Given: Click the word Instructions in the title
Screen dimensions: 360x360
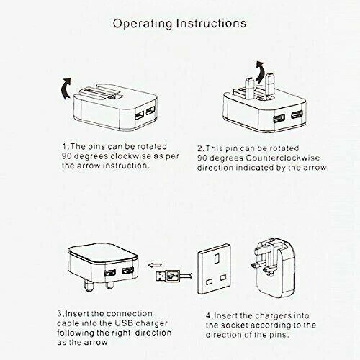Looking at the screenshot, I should click(212, 23).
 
